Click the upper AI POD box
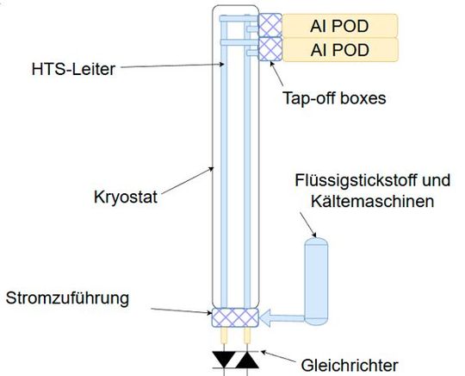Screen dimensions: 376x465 pos(340,24)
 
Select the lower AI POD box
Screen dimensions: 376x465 pos(340,50)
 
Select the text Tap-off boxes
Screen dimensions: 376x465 pos(334,98)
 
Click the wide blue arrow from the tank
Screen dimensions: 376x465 pos(284,318)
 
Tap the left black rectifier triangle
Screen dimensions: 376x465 pos(225,357)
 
